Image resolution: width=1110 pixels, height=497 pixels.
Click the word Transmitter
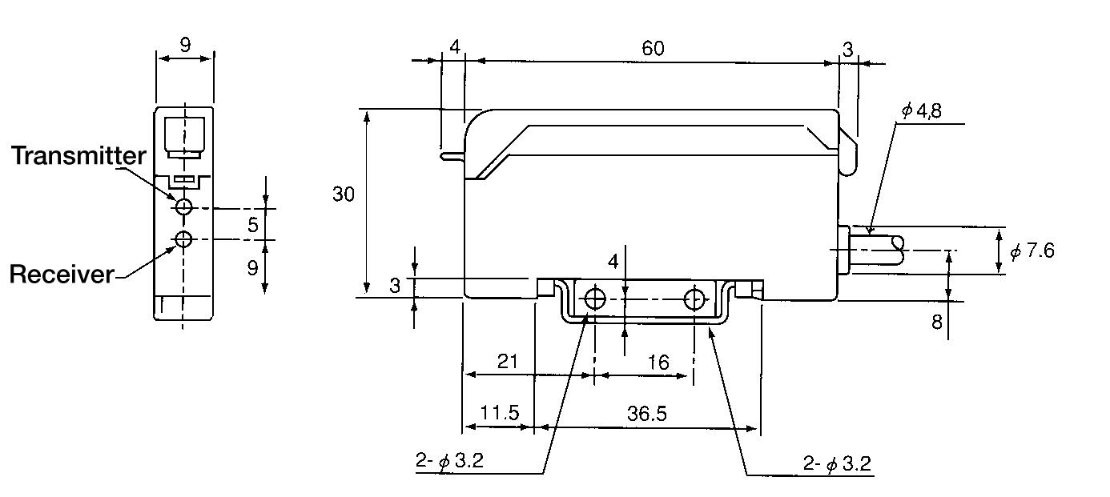(78, 156)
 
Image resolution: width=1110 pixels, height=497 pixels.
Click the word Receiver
(62, 275)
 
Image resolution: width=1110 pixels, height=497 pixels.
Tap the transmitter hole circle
(184, 207)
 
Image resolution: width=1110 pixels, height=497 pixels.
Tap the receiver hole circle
(184, 239)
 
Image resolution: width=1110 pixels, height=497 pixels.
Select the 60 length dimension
(653, 48)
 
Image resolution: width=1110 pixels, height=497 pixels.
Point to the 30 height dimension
(344, 194)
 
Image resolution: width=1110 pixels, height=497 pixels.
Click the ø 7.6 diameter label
(1032, 251)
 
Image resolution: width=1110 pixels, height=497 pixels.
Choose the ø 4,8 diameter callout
(921, 110)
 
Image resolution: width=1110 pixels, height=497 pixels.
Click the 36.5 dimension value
(646, 414)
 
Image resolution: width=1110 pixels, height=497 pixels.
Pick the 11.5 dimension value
(500, 414)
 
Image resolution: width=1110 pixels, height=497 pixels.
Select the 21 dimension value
(508, 362)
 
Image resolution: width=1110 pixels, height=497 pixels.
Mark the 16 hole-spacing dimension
(658, 363)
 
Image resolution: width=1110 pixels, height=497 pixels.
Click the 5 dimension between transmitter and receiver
(253, 225)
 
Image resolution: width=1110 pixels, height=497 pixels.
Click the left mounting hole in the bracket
(594, 299)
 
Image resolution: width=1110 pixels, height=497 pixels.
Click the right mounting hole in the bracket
(694, 299)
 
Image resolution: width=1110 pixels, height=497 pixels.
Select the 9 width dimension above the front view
(185, 45)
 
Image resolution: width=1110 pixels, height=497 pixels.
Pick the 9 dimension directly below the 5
(253, 267)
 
